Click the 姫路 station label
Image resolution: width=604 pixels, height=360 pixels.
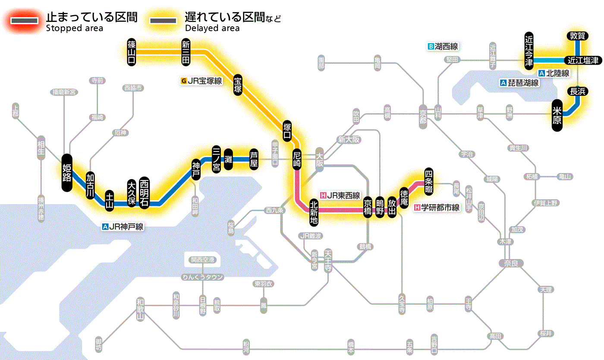coord(67,173)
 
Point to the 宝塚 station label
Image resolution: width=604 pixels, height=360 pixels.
coord(238,85)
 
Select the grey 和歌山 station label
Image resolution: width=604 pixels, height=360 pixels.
coord(140,309)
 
